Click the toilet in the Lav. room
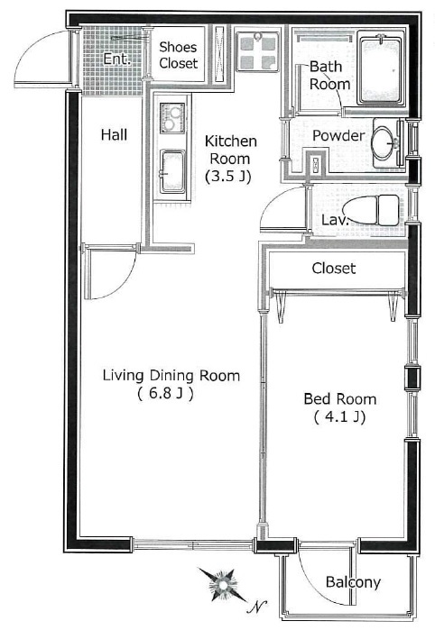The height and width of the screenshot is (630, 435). pyautogui.click(x=371, y=211)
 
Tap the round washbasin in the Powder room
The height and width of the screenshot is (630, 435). pyautogui.click(x=385, y=142)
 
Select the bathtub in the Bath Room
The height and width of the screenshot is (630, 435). pyautogui.click(x=380, y=70)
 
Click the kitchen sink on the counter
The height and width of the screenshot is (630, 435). pyautogui.click(x=172, y=171)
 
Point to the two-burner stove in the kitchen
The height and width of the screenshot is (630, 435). pyautogui.click(x=172, y=118)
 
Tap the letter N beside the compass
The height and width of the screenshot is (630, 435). pyautogui.click(x=257, y=607)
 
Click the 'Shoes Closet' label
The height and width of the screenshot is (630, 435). pyautogui.click(x=178, y=55)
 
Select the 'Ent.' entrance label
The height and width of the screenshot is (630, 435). pyautogui.click(x=116, y=59)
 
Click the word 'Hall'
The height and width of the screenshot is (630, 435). pyautogui.click(x=115, y=134)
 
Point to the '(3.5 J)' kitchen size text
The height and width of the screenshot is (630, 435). pyautogui.click(x=228, y=177)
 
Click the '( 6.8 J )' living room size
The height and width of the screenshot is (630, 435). pyautogui.click(x=165, y=393)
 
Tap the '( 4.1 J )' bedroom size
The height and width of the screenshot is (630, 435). pyautogui.click(x=339, y=417)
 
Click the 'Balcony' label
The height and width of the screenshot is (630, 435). pyautogui.click(x=353, y=582)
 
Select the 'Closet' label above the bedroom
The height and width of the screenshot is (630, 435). pyautogui.click(x=334, y=269)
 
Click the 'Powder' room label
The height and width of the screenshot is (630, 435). pyautogui.click(x=338, y=135)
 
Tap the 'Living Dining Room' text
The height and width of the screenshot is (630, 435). pyautogui.click(x=171, y=375)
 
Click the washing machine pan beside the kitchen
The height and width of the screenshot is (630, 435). pyautogui.click(x=257, y=51)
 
